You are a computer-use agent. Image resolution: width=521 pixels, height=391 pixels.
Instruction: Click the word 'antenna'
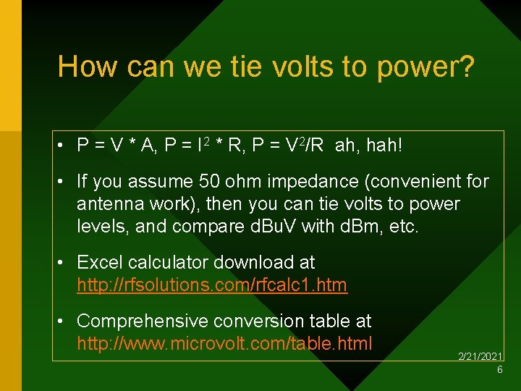tap(109, 204)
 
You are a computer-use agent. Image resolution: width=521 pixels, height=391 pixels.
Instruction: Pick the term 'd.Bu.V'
tap(285, 226)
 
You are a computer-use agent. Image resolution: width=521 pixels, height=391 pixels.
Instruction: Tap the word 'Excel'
tap(98, 262)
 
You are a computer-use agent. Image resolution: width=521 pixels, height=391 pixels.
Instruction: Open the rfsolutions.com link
tap(212, 285)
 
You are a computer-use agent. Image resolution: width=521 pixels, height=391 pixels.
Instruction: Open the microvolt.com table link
tap(224, 342)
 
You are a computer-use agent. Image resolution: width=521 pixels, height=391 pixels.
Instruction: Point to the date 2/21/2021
tap(480, 357)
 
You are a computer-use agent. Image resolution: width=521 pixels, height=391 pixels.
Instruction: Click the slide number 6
tap(499, 370)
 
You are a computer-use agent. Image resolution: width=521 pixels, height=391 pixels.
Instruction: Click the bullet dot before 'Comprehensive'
tap(64, 321)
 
